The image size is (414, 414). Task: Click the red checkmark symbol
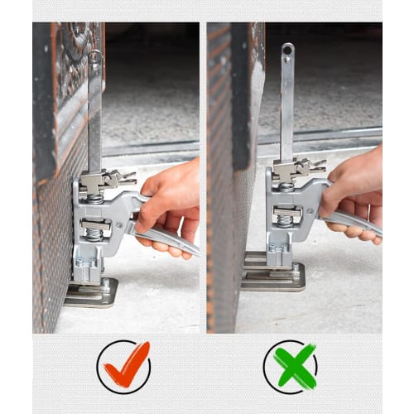[124, 365]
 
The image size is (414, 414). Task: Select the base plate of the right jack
[274, 276]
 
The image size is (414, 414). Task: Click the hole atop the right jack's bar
[286, 51]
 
